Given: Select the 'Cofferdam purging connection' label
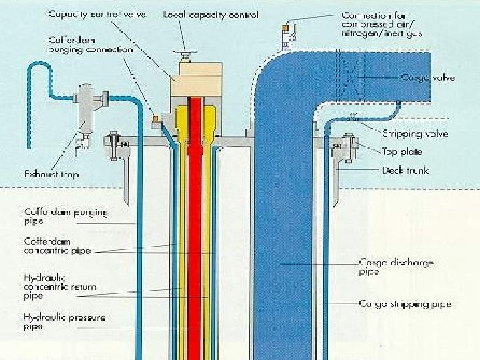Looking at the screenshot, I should [x=91, y=45].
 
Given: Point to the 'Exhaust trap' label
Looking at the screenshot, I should [x=51, y=175].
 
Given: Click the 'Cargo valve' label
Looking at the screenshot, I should [x=428, y=78].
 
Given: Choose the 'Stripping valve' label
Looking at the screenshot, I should [x=415, y=134].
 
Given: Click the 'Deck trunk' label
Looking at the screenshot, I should [x=405, y=170].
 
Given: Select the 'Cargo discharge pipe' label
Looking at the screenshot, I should [x=396, y=267].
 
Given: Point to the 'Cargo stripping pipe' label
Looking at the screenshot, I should [x=405, y=304].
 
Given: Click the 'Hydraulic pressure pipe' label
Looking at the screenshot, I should [x=65, y=321].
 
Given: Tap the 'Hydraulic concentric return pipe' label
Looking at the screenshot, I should [x=60, y=287].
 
